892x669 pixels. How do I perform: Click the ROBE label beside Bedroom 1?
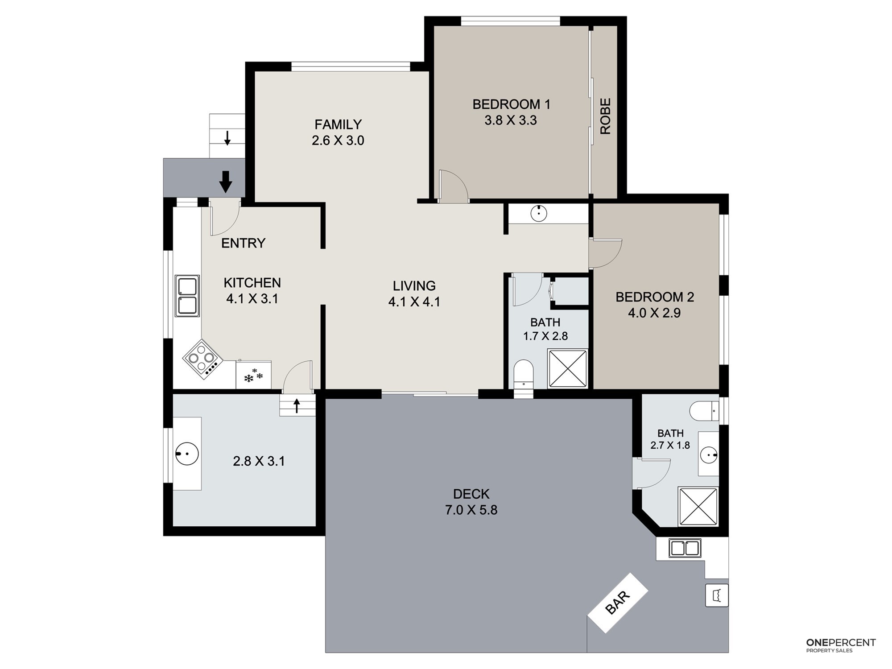pos(605,116)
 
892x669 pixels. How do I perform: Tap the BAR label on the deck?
pos(618,603)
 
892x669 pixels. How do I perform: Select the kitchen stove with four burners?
pos(202,359)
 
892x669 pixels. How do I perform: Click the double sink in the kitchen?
pos(187,296)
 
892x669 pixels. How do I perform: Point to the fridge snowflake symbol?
pos(253,376)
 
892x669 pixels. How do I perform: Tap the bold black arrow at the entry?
pos(226,182)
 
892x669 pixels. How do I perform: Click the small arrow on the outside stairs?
pos(227,138)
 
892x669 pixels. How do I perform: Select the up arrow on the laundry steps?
pos(297,406)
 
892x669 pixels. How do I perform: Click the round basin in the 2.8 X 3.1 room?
pos(187,454)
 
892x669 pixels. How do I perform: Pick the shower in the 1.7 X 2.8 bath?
pos(567,369)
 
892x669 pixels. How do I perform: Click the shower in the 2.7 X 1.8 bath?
pos(698,506)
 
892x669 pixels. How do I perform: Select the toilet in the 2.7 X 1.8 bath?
pos(704,411)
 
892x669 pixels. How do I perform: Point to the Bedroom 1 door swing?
pos(454,185)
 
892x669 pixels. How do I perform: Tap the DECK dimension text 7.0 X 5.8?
pos(471,510)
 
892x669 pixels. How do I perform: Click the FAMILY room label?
pos(338,124)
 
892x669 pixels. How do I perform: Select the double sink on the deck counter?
pos(685,548)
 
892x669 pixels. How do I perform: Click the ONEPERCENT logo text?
pos(841,643)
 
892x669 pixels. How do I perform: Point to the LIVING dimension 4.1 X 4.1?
pos(414,302)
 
